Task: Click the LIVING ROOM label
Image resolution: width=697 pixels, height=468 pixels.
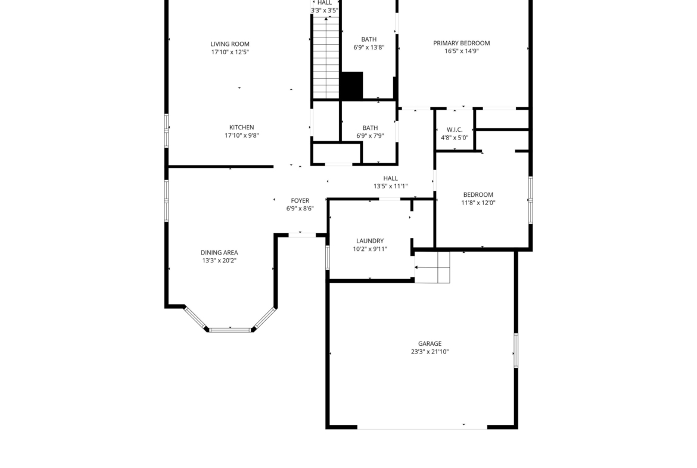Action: point(230,44)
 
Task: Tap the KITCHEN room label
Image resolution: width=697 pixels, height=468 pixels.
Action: point(241,127)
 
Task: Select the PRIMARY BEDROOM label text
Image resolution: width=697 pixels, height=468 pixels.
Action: point(462,43)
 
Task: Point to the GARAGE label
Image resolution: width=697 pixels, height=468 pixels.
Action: point(430,343)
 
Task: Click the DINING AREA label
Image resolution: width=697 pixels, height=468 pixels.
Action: point(219,253)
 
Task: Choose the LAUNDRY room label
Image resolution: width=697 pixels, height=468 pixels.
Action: point(370,241)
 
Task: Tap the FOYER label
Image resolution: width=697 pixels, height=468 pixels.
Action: point(300,201)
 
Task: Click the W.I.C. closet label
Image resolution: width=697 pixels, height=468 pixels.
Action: point(455,130)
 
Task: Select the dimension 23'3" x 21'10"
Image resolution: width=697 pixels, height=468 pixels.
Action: point(430,351)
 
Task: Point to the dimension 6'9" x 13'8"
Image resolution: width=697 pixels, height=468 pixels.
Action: point(369,47)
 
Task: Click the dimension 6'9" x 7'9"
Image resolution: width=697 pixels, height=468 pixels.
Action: point(370,136)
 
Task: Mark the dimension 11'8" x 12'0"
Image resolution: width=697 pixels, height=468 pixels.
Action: point(478,203)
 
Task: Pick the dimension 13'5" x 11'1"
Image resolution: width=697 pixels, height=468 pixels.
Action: point(390,187)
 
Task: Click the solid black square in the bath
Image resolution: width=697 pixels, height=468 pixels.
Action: point(351,85)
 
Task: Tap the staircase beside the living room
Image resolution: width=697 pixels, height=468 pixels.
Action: point(326,57)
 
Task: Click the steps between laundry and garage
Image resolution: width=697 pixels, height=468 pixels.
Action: point(432,267)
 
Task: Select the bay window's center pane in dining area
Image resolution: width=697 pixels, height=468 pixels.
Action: point(231,330)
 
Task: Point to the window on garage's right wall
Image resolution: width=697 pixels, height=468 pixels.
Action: point(516,351)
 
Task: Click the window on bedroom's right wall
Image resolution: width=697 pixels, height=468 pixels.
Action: point(530,200)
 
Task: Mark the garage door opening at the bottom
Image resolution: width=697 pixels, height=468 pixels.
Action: point(422,428)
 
